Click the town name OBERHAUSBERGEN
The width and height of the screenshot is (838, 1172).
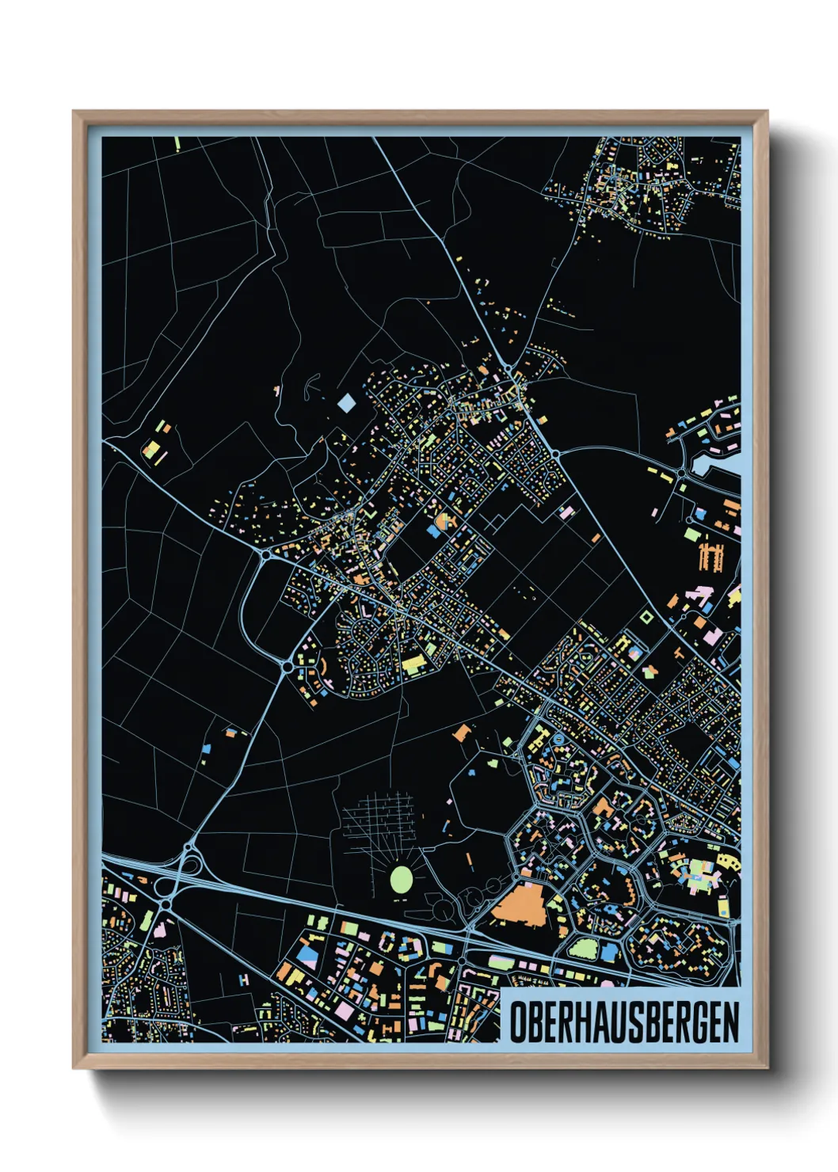point(623,1022)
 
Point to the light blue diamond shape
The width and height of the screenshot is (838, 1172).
point(346,403)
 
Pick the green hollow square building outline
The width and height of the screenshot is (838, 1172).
point(646,616)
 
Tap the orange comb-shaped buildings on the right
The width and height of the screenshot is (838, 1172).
point(710,557)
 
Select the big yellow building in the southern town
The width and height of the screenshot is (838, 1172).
point(413,664)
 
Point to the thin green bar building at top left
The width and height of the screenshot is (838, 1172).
point(177,143)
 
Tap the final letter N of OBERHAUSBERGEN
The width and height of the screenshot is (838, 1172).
point(730,1022)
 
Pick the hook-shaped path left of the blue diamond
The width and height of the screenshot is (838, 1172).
point(309,386)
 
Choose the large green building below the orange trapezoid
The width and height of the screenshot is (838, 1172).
point(583,948)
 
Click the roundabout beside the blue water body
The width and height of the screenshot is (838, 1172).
point(682,474)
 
